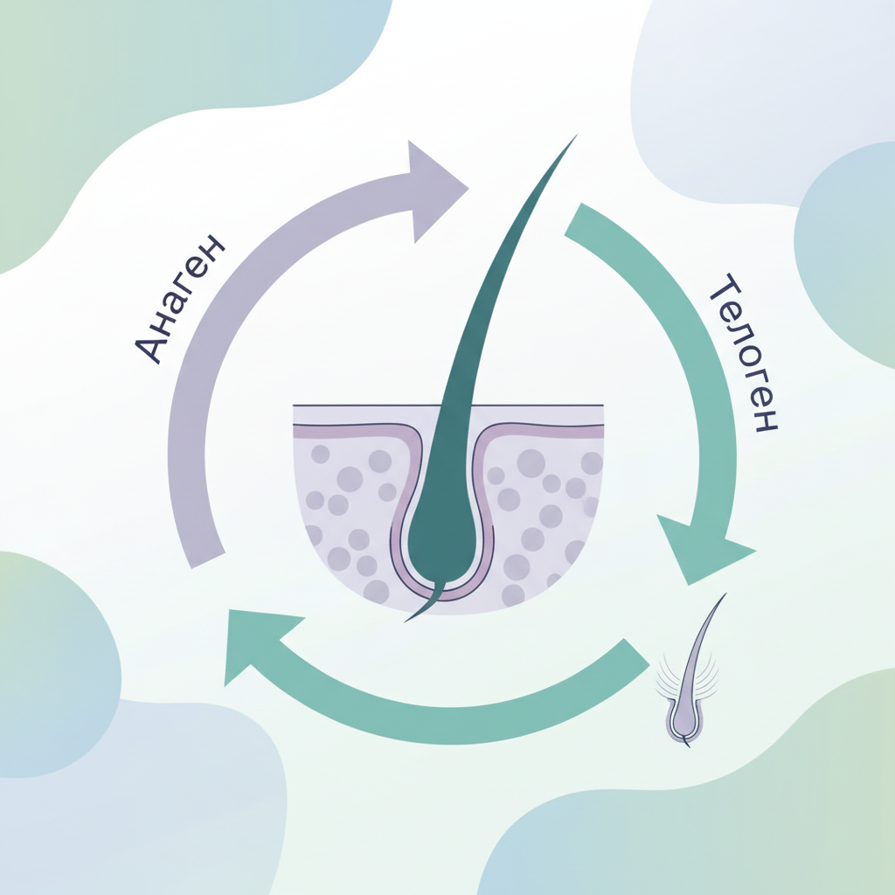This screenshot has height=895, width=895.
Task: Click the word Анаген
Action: [179, 299]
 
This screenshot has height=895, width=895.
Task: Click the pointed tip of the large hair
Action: [577, 135]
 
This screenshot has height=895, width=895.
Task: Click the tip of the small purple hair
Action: [726, 593]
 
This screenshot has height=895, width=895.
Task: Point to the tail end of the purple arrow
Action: [207, 560]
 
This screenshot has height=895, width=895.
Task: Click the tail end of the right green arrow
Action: [572, 219]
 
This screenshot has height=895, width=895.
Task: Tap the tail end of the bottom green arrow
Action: [637, 652]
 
